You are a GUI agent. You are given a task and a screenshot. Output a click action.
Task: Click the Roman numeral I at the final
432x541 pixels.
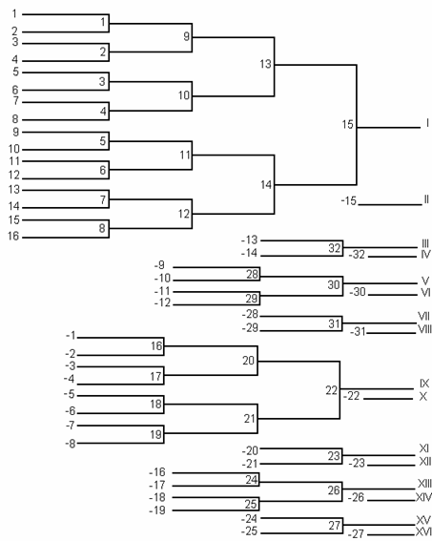click(x=427, y=123)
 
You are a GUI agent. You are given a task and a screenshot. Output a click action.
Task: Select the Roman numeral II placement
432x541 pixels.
click(x=426, y=199)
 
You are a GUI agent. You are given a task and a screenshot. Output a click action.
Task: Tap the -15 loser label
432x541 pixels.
click(x=349, y=200)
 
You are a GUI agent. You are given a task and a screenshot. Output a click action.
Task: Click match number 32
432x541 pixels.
click(x=335, y=248)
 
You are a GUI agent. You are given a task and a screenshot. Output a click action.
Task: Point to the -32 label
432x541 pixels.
click(x=357, y=255)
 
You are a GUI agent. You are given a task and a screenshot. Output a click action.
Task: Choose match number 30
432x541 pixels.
click(x=334, y=284)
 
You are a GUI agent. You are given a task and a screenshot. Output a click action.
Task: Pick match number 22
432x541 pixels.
click(x=332, y=390)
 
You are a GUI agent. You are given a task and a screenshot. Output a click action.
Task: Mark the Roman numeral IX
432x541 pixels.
click(x=424, y=384)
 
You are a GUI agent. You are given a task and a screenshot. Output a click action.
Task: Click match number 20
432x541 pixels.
click(x=248, y=361)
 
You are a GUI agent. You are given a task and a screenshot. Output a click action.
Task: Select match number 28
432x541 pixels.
click(x=252, y=274)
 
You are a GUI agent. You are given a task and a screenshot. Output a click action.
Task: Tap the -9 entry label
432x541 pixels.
click(x=159, y=265)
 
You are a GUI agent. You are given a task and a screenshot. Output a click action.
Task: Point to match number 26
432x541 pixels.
click(x=334, y=489)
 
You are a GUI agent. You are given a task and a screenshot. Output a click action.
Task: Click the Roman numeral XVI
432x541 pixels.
click(x=423, y=531)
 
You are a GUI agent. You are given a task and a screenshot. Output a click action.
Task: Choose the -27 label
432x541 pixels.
click(x=356, y=533)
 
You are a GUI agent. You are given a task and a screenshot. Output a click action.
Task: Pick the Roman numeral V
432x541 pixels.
click(x=425, y=281)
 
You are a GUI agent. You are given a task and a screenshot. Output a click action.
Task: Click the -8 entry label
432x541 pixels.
click(x=71, y=444)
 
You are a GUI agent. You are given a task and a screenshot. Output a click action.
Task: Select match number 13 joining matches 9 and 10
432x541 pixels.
click(x=265, y=64)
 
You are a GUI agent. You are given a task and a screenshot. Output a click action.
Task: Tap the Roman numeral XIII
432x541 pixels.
click(x=424, y=484)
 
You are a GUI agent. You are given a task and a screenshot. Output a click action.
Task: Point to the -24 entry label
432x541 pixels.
click(x=249, y=518)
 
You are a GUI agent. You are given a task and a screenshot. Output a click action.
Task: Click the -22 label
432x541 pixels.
click(x=352, y=396)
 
